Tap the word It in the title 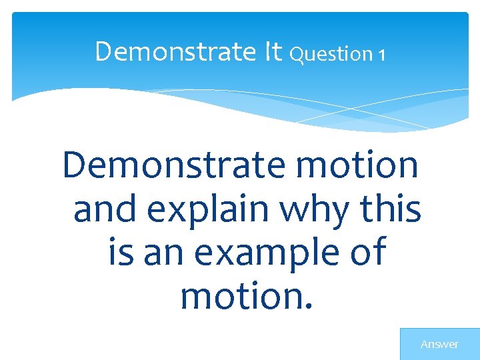coord(273,51)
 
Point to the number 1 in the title coord(381,55)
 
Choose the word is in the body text coord(120,253)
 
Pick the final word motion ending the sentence coord(241,297)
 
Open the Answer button coord(439,344)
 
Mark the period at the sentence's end coord(307,308)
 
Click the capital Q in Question coord(297,54)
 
